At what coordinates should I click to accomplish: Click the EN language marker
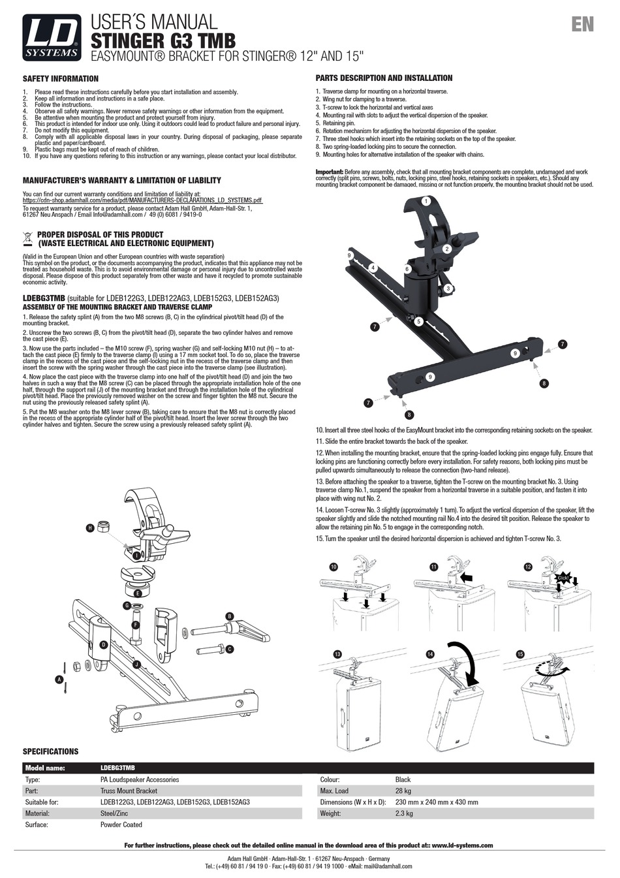click(x=582, y=25)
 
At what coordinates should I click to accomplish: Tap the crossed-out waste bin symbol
click(x=28, y=237)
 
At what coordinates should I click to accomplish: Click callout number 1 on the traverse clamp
click(x=426, y=202)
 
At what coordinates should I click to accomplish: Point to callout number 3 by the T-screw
click(x=448, y=288)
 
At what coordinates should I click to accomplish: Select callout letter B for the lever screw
click(x=229, y=616)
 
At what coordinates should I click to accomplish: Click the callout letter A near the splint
click(x=59, y=680)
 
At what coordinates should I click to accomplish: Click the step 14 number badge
click(x=429, y=653)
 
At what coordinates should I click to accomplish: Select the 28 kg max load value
click(x=403, y=791)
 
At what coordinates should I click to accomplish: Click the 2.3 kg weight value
click(x=404, y=813)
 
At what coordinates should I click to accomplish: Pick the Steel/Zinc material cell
click(x=116, y=813)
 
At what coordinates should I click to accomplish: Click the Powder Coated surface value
click(x=121, y=824)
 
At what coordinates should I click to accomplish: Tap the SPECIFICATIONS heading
click(x=50, y=751)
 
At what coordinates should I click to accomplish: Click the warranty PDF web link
click(x=142, y=200)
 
